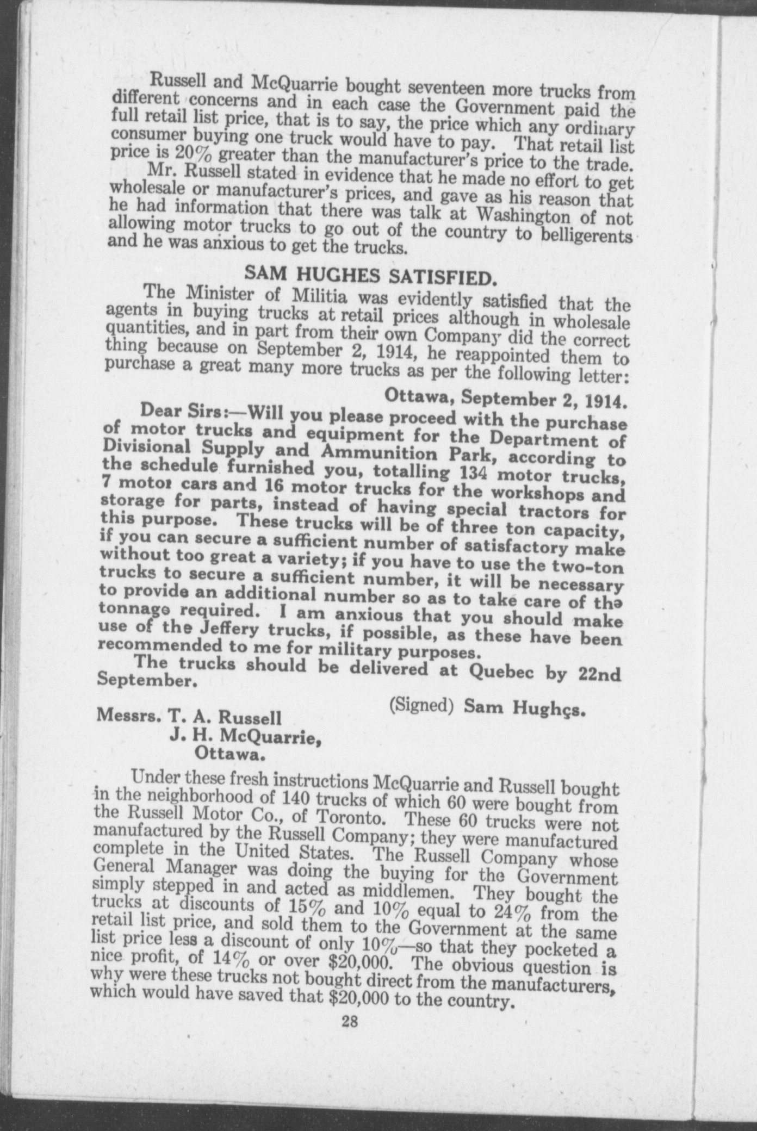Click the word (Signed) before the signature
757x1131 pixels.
tap(421, 705)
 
